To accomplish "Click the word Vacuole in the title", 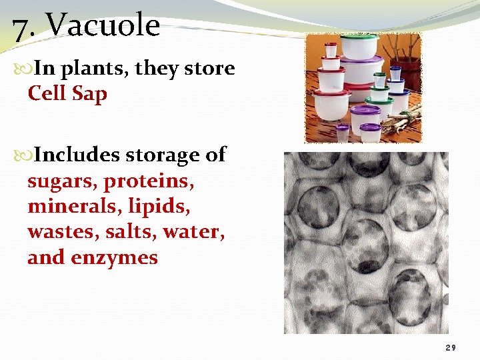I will click(x=103, y=27).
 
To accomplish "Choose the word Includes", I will click(x=77, y=155).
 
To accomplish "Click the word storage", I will click(x=165, y=156).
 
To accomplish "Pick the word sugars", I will click(x=62, y=182).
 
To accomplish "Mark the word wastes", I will click(x=60, y=233).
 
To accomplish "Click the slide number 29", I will click(x=451, y=348).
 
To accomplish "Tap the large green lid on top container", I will click(x=359, y=38).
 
